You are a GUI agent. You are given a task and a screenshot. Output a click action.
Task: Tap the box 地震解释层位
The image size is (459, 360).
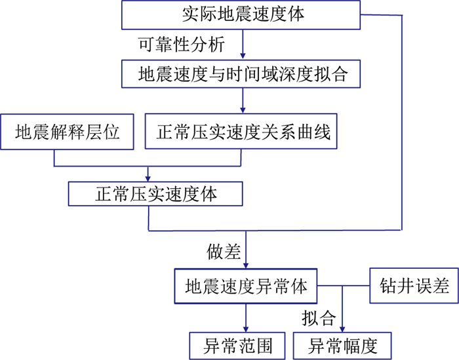(x=68, y=133)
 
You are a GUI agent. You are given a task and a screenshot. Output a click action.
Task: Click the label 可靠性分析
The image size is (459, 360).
(x=182, y=45)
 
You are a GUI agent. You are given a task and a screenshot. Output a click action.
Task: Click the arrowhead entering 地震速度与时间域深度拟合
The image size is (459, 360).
(x=243, y=56)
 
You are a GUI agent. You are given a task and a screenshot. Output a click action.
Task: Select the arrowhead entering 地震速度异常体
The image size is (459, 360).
(x=245, y=265)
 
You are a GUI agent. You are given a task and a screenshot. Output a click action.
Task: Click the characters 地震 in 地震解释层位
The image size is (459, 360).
(x=31, y=133)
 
